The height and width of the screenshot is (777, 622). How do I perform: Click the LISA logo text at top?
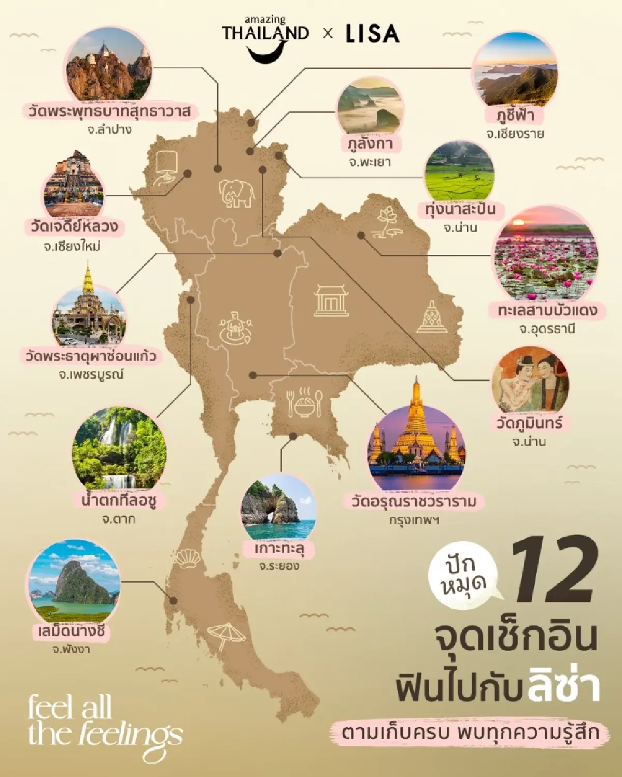(x=372, y=34)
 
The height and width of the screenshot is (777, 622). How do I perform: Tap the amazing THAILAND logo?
(x=265, y=39)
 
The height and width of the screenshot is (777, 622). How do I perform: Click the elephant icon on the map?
(x=237, y=193)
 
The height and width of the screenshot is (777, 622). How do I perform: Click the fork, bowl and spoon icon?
(x=304, y=402)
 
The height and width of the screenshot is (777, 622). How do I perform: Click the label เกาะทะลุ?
(x=278, y=548)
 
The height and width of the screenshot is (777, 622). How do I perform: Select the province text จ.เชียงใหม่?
(x=72, y=247)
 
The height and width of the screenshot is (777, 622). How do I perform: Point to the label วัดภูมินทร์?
(x=529, y=423)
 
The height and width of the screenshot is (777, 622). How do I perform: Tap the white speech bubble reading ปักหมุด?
(x=463, y=576)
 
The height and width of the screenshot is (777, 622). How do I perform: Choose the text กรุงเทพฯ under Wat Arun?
(x=414, y=520)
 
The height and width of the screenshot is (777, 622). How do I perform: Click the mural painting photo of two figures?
(x=530, y=381)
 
